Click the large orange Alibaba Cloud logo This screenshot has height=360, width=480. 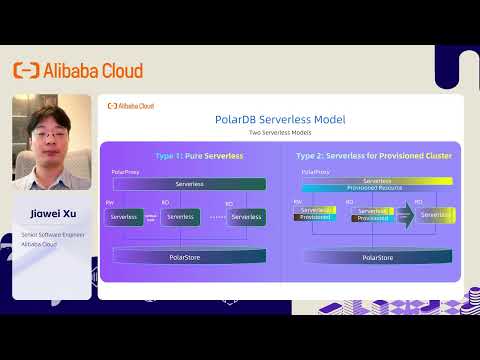78,70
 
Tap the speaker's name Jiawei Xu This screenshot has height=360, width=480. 48,213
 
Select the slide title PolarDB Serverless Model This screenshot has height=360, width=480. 280,119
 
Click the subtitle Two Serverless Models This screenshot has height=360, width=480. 280,133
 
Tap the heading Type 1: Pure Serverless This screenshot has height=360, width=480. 189,156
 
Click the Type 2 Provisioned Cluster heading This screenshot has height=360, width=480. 372,156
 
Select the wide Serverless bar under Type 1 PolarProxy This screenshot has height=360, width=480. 188,184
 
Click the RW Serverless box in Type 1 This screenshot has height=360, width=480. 124,216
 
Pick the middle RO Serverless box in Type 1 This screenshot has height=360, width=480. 180,216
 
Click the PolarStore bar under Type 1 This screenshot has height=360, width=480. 188,257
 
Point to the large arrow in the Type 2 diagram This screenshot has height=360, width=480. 404,216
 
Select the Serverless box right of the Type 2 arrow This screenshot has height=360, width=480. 436,215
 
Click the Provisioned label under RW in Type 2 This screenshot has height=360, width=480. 315,217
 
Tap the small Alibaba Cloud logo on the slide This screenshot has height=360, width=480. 131,105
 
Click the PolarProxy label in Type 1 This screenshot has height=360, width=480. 125,173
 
